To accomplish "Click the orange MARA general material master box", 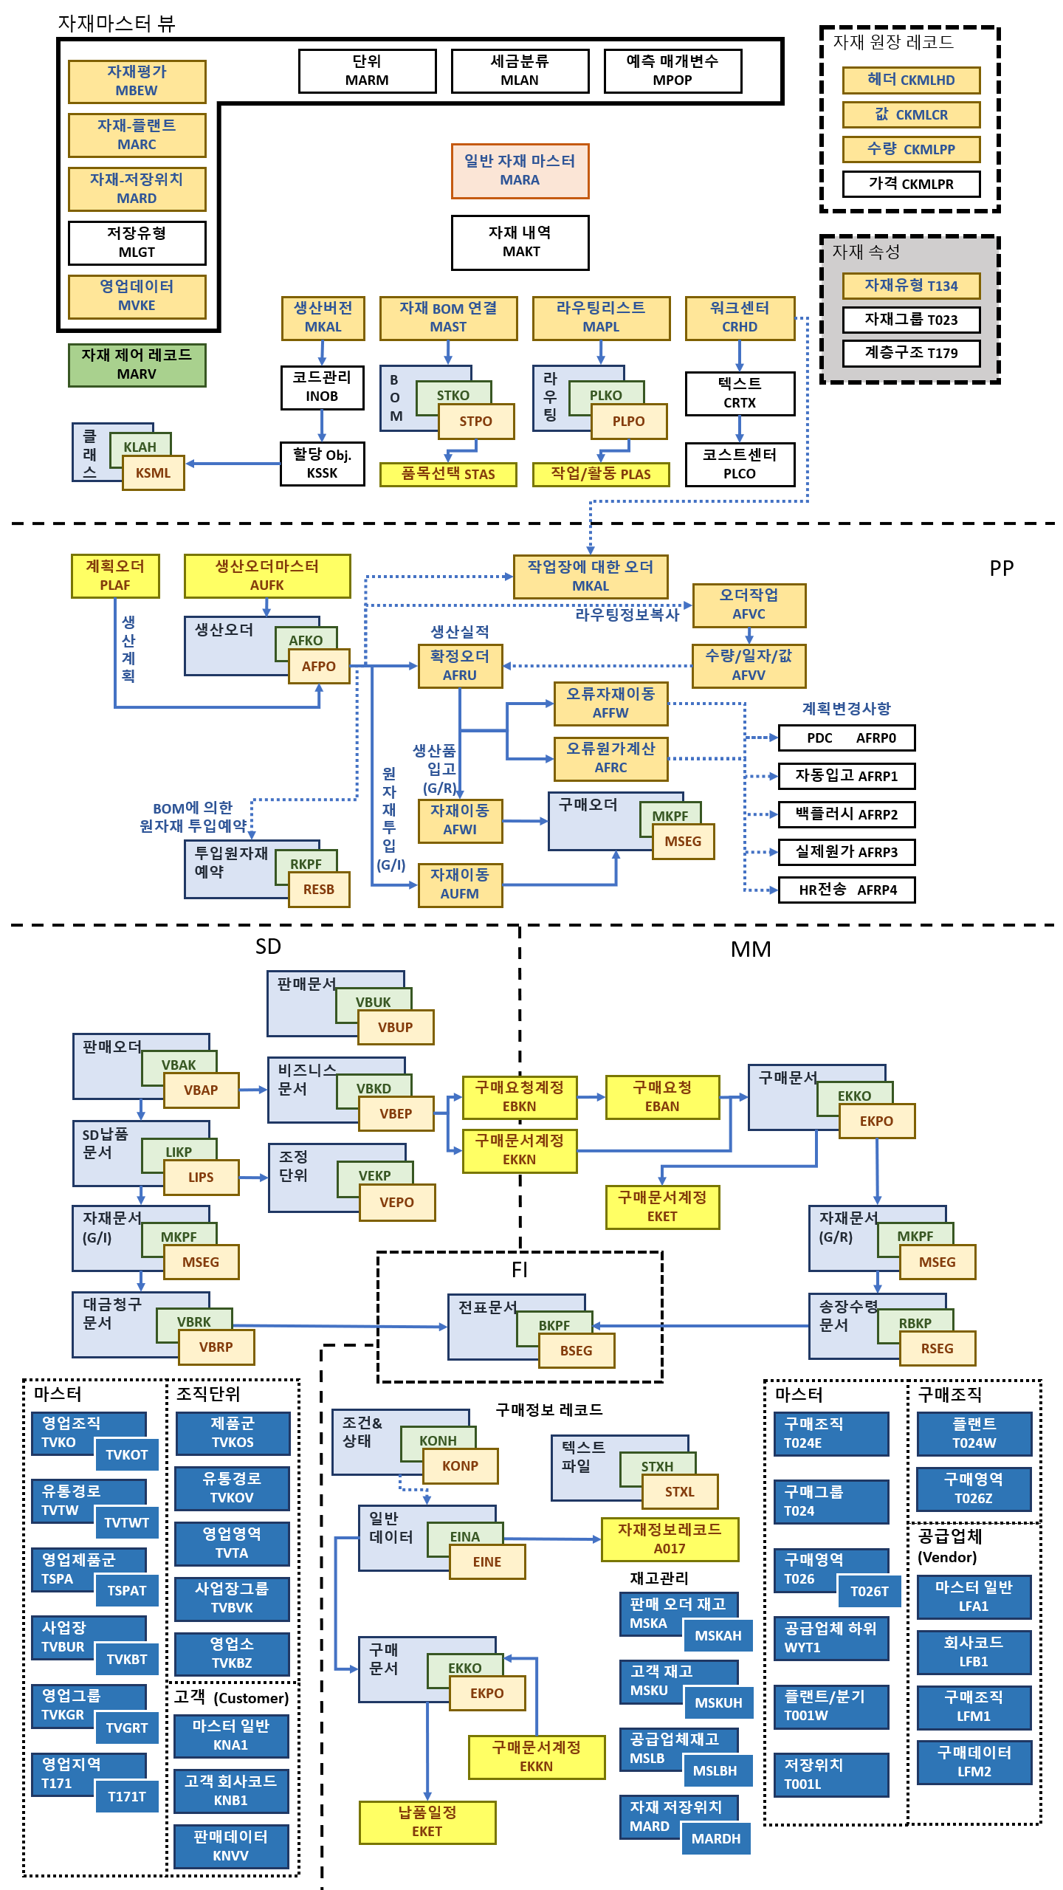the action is tap(520, 171).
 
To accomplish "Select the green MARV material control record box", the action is tap(137, 365).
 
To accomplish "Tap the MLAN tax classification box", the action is tap(520, 71).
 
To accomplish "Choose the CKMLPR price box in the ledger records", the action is tap(911, 184).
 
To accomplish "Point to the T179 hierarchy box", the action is tap(911, 353).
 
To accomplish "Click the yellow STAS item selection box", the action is tap(448, 474).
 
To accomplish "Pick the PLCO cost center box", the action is tap(740, 464).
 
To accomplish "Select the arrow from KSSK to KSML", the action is tap(233, 464).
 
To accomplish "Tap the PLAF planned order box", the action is tap(115, 576).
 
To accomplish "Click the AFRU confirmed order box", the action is tap(460, 666).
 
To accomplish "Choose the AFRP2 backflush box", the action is tap(847, 814).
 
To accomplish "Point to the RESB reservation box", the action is tap(318, 889).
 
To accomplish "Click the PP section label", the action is tap(1002, 568).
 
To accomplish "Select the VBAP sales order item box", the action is tap(201, 1090).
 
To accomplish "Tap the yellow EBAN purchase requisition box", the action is tap(662, 1097).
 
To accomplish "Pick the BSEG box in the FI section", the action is tap(576, 1350).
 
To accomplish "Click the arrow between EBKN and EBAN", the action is tap(591, 1097).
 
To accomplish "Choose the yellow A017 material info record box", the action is tap(670, 1539).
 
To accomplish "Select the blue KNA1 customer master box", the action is tap(231, 1736).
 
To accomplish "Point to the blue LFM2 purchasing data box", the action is tap(974, 1762).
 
